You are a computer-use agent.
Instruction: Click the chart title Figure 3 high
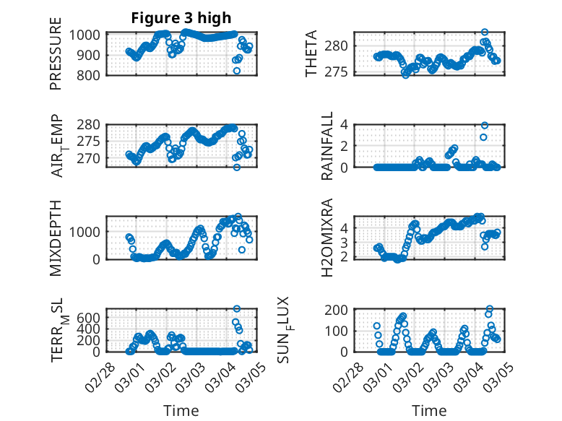click(181, 18)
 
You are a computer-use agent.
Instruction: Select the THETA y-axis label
click(311, 54)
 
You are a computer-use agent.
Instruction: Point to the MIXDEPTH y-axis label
click(56, 238)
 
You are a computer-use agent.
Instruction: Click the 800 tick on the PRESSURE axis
click(90, 75)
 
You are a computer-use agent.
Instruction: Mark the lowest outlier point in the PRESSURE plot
click(236, 71)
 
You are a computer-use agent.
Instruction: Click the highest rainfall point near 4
click(485, 125)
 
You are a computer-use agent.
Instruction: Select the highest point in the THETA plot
click(485, 32)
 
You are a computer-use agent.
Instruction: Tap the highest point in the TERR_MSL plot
click(236, 309)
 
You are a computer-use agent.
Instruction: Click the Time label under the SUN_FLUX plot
click(429, 410)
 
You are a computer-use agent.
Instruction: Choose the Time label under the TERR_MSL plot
click(181, 410)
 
